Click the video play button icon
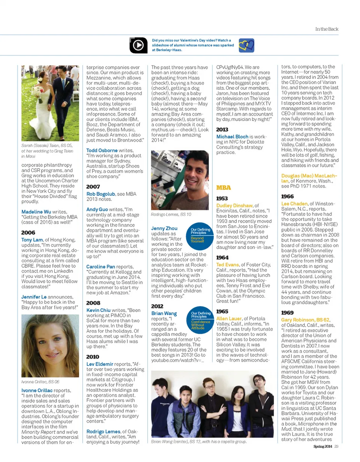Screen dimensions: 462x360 138,45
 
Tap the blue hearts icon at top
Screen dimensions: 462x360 247,45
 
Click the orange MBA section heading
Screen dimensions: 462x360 223,187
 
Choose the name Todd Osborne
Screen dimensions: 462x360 102,150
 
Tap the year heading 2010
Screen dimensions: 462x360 93,357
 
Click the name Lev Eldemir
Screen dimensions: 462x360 99,364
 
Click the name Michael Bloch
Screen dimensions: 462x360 232,137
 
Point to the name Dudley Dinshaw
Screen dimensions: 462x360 234,205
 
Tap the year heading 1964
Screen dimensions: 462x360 222,257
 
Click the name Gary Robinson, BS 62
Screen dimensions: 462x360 305,319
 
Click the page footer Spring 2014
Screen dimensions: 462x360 323,446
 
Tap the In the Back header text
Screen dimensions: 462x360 327,29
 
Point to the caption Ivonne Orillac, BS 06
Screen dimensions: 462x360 40,381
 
